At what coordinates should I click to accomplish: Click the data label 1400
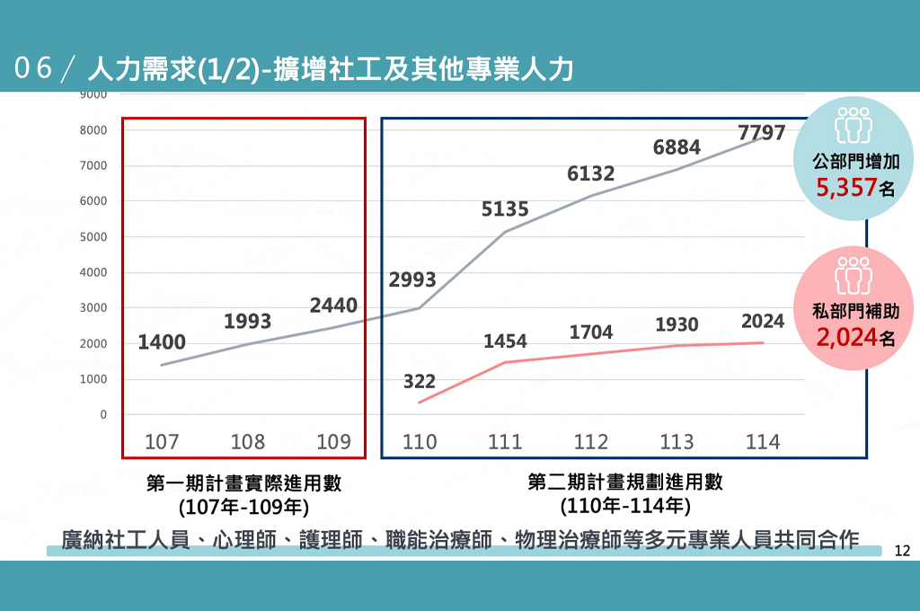(x=162, y=341)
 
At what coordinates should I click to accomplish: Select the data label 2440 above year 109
(x=333, y=305)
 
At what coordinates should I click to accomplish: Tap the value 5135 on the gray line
(x=505, y=209)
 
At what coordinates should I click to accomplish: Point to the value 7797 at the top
(x=761, y=133)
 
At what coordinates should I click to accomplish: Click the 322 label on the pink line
(x=419, y=381)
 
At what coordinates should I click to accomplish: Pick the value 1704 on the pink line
(x=591, y=332)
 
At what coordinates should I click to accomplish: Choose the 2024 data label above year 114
(x=763, y=321)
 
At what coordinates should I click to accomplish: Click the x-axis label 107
(x=162, y=442)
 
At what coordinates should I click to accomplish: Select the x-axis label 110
(x=420, y=442)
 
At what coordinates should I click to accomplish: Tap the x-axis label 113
(x=677, y=442)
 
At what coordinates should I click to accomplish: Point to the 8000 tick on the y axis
(x=93, y=130)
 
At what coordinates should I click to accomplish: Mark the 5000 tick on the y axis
(x=93, y=237)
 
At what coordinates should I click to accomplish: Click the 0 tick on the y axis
(x=103, y=415)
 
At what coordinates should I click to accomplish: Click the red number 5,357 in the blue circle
(x=846, y=188)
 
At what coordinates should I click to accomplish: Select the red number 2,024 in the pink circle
(x=846, y=338)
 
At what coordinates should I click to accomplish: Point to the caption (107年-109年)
(x=243, y=507)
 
